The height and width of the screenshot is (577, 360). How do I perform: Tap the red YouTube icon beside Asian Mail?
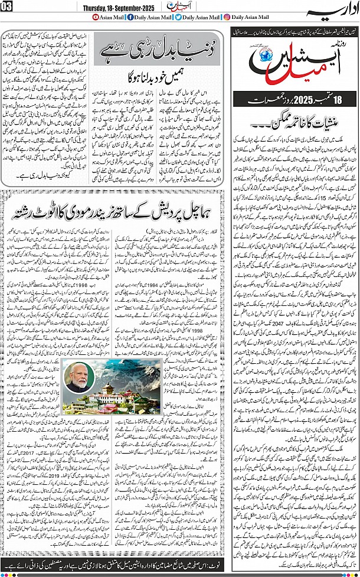pyautogui.click(x=97, y=18)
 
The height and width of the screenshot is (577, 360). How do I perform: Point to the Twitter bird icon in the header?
pyautogui.click(x=179, y=18)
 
